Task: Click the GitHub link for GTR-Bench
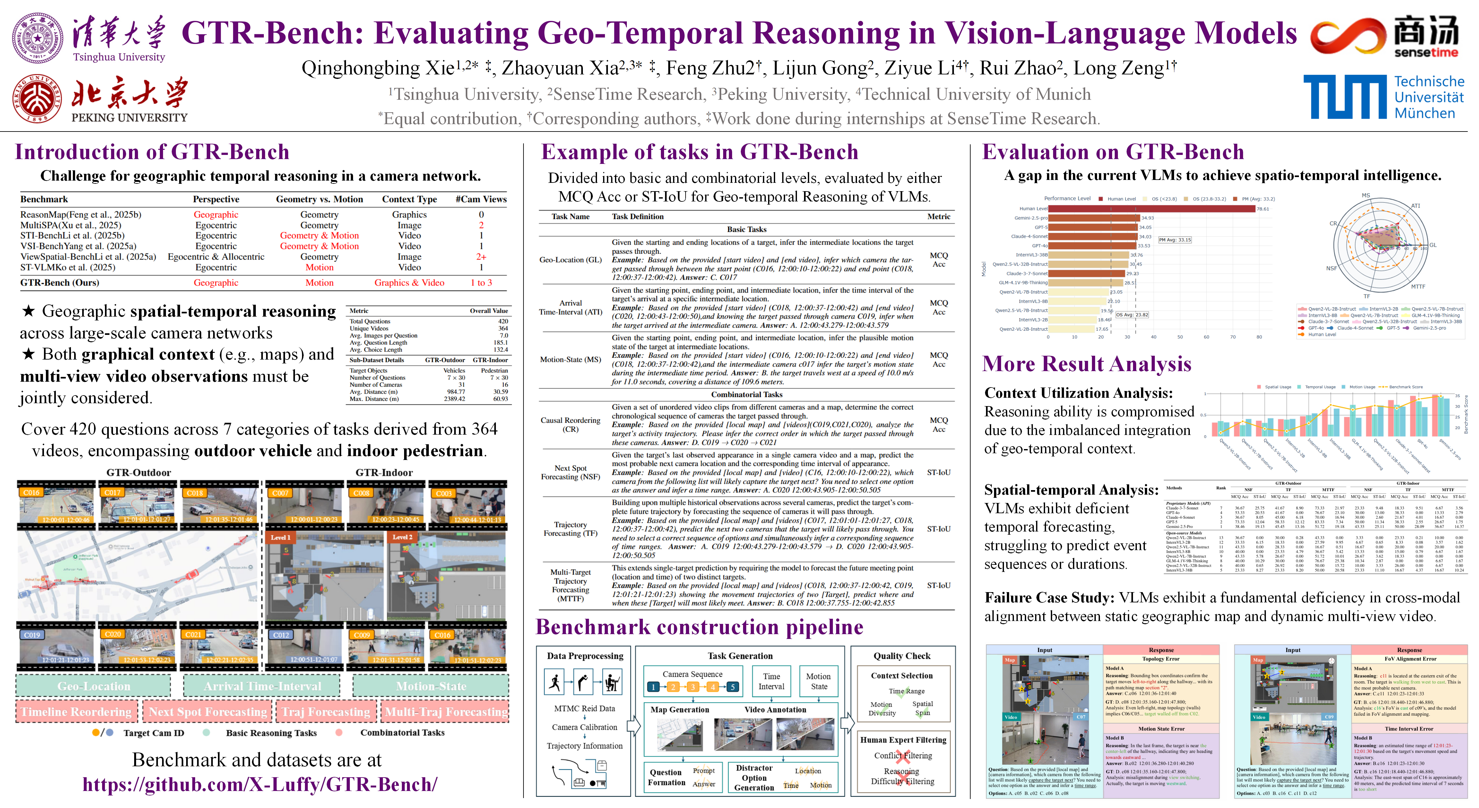click(x=260, y=784)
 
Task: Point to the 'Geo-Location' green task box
click(x=94, y=686)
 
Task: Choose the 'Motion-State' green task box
click(x=431, y=686)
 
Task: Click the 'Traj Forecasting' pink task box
click(x=325, y=711)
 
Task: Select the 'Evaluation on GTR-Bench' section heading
click(x=1113, y=152)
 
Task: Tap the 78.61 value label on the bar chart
click(x=1263, y=209)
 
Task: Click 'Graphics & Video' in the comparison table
click(x=409, y=282)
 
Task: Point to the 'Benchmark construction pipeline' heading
click(x=699, y=627)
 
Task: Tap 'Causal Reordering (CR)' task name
click(x=570, y=425)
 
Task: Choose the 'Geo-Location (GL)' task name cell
click(x=570, y=260)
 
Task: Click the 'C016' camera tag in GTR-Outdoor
click(x=31, y=492)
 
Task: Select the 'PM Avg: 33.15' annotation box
click(x=1175, y=240)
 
